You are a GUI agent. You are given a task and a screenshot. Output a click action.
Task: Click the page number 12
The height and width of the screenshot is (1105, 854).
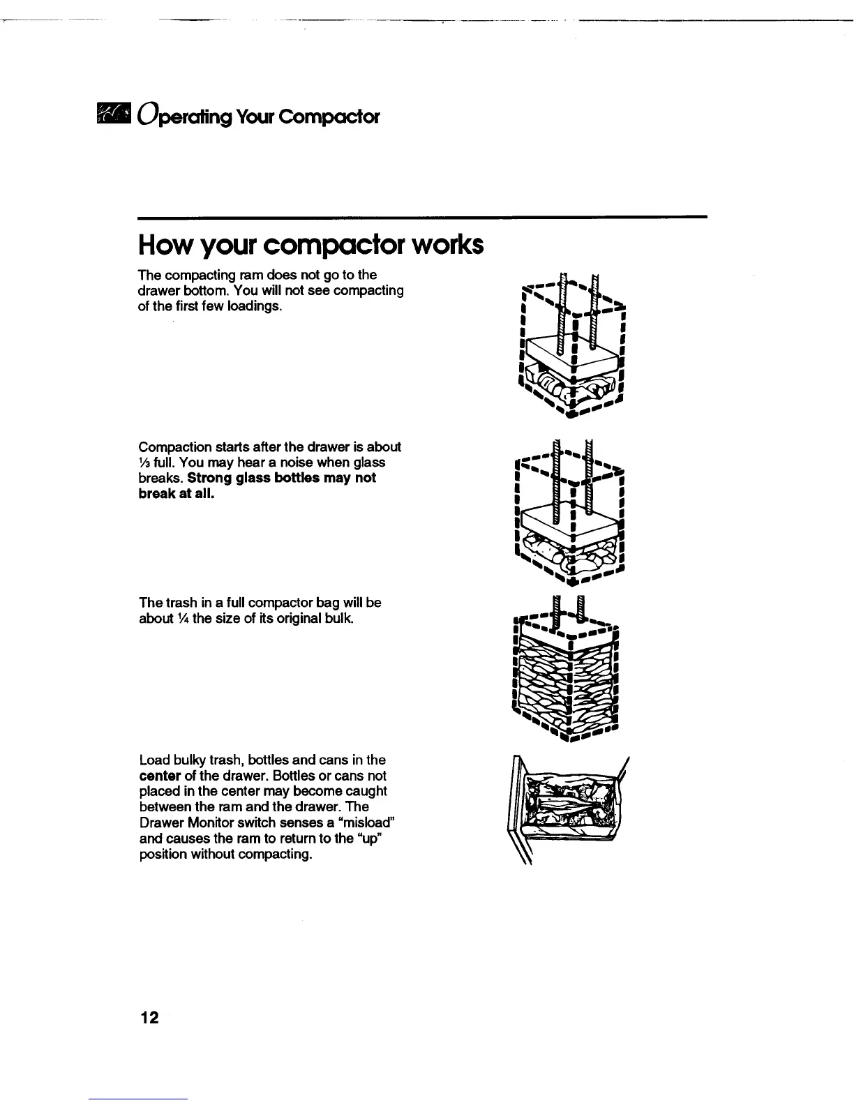tap(149, 1018)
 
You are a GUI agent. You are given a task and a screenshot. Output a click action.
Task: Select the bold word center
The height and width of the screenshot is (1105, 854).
tap(160, 776)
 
